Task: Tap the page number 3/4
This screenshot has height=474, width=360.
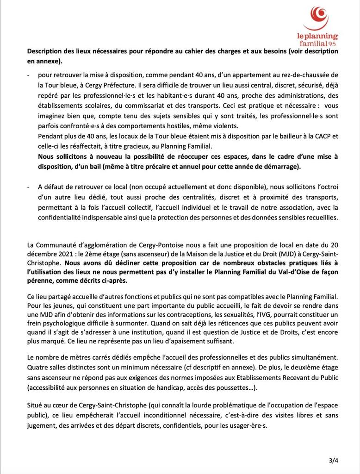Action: click(x=333, y=460)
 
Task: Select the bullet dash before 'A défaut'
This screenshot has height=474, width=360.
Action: click(x=29, y=187)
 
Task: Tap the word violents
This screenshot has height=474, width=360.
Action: click(x=223, y=125)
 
